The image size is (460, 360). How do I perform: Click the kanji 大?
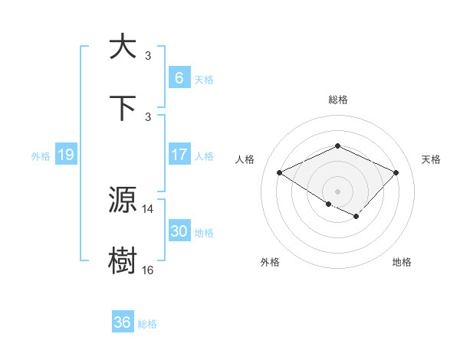tap(123, 47)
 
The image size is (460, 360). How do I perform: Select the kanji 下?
tap(123, 108)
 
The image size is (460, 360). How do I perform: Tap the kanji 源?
tap(123, 200)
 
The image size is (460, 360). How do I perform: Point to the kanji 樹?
tap(123, 261)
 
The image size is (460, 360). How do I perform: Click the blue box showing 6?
tap(179, 77)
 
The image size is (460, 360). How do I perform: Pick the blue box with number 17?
tap(179, 155)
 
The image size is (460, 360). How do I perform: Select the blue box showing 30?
tap(179, 231)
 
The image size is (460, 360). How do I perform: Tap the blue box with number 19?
tap(65, 155)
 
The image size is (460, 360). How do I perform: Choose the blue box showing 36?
tap(123, 322)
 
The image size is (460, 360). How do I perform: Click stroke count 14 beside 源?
tap(148, 208)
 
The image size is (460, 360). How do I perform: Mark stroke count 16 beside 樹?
tap(148, 270)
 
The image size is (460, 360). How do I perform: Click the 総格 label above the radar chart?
tap(338, 100)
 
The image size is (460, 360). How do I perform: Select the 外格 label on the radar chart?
tap(270, 262)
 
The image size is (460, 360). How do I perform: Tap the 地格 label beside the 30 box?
tap(204, 232)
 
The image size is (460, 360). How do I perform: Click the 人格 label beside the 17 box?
tap(204, 155)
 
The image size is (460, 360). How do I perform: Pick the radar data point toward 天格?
tap(396, 172)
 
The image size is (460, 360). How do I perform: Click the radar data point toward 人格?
tap(280, 172)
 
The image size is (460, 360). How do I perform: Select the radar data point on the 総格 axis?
tap(338, 146)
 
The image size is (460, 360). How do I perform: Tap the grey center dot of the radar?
tap(338, 191)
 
